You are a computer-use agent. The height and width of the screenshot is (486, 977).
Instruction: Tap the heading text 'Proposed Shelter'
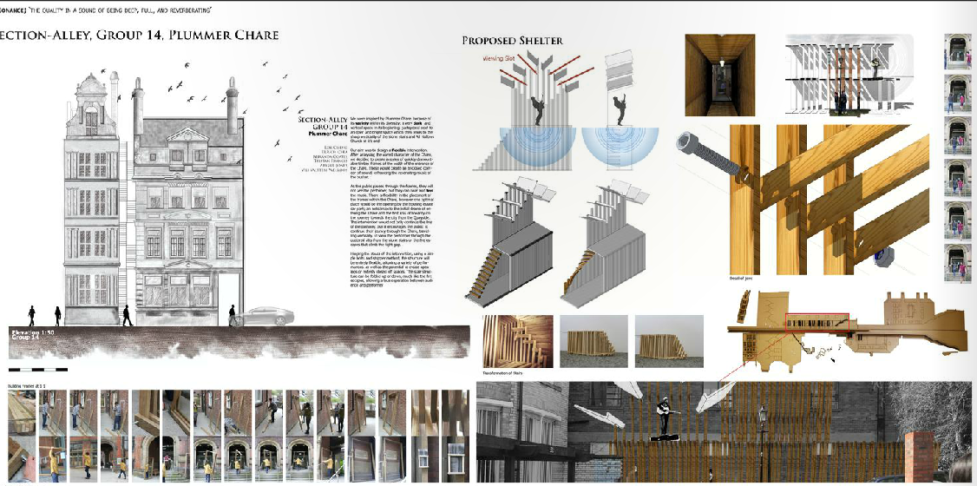pos(512,41)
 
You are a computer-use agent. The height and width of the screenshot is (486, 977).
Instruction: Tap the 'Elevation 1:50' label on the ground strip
pos(32,332)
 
